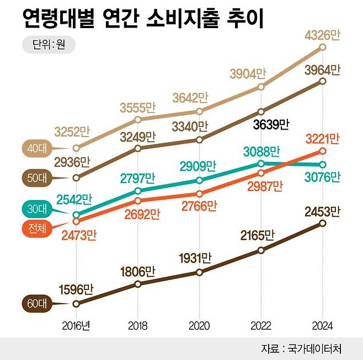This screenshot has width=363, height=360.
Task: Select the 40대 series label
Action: click(x=36, y=148)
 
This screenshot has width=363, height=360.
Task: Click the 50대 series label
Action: click(x=36, y=178)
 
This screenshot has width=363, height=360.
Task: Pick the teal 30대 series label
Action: click(x=36, y=208)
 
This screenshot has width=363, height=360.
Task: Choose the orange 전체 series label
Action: click(x=36, y=227)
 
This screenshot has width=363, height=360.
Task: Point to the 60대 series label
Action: click(x=36, y=303)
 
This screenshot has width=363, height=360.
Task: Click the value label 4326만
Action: click(x=323, y=35)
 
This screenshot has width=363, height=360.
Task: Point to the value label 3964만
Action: click(x=323, y=70)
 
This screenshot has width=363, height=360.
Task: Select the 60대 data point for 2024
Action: click(x=323, y=223)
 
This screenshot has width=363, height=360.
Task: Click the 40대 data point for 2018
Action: click(x=138, y=119)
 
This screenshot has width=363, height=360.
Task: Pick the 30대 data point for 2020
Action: click(x=199, y=180)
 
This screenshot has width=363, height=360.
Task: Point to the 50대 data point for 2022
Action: click(x=261, y=111)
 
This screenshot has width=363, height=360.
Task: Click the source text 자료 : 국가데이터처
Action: click(x=301, y=348)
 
